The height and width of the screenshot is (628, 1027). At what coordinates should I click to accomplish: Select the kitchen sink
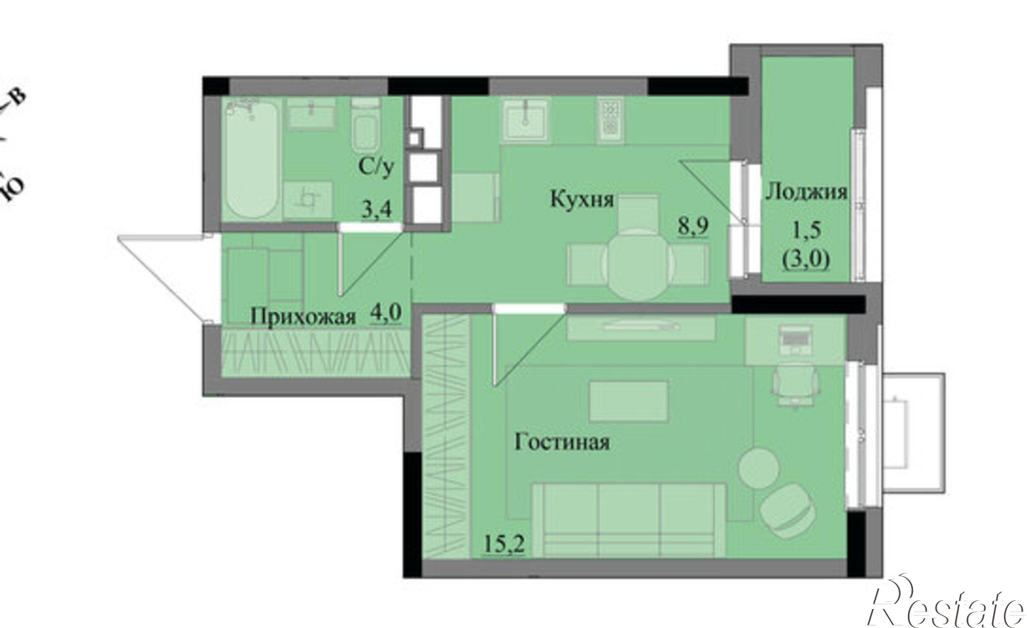pos(524,119)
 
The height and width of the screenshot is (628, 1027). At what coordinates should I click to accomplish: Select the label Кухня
pos(582,199)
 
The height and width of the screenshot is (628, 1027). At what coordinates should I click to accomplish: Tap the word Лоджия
pos(806,192)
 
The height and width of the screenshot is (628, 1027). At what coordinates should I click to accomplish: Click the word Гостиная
pos(562,442)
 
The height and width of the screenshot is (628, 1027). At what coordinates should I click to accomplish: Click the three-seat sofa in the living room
pos(629,519)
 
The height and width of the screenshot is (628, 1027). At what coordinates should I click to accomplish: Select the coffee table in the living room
pos(629,401)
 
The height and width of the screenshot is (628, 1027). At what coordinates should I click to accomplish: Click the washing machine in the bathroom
pos(309,200)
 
